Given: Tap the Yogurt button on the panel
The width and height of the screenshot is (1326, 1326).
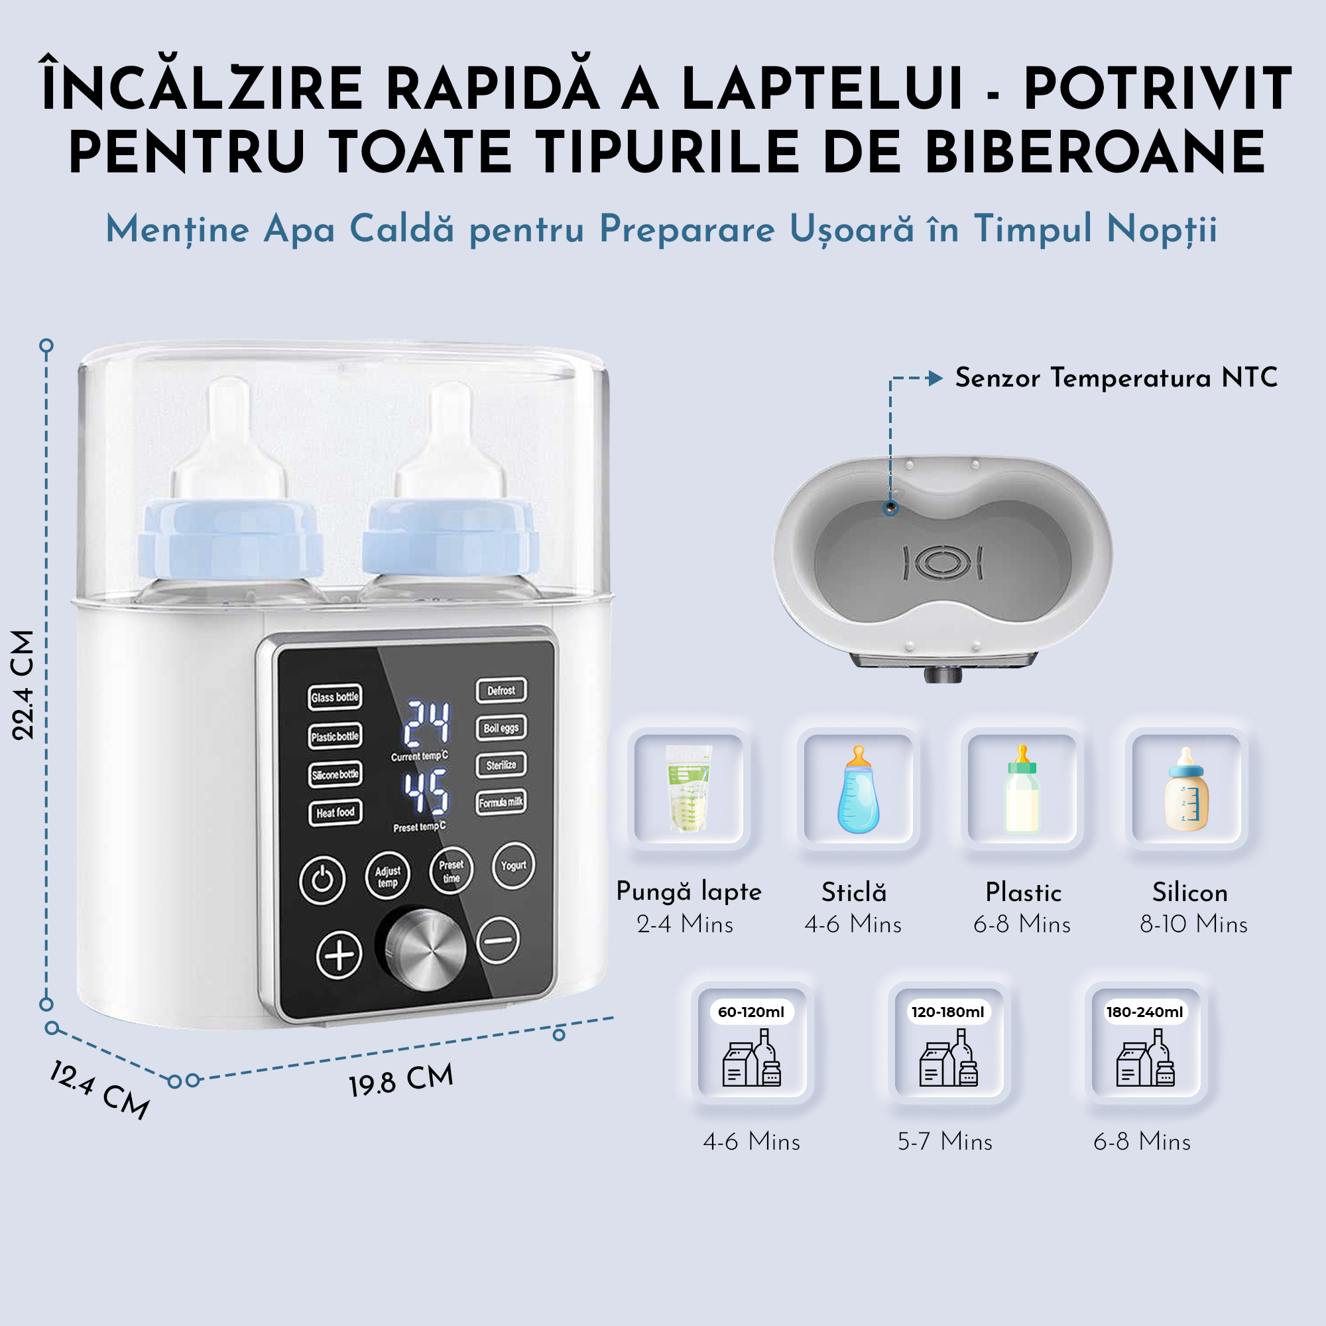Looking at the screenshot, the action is point(512,865).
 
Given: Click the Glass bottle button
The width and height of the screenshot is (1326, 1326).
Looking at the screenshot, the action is point(335,697).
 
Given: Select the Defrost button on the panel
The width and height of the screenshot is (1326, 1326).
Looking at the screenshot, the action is point(501,690).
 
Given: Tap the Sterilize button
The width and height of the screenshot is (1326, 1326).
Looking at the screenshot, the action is point(501,765).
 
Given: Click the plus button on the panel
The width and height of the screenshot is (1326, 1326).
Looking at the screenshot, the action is point(339,954).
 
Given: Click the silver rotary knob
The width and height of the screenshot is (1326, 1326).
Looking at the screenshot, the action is point(425,949).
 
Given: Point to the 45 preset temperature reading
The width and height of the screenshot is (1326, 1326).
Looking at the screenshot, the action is point(426,793).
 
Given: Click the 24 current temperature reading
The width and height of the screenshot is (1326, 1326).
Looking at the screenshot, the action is point(426,723).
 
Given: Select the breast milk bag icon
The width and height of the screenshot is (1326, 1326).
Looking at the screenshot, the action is point(688,788).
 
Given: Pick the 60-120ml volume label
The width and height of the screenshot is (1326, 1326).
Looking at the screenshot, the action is point(751,1012).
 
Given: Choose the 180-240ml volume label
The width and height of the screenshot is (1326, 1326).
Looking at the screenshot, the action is point(1144,1012).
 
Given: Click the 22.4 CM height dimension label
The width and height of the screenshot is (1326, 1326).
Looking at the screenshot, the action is point(23,684).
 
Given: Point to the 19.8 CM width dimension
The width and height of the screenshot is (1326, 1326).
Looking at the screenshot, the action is point(402,1081).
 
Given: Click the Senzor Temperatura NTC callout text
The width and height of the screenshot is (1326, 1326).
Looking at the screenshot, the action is point(1116,377).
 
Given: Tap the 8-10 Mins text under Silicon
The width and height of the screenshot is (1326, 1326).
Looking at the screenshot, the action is point(1193,924).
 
